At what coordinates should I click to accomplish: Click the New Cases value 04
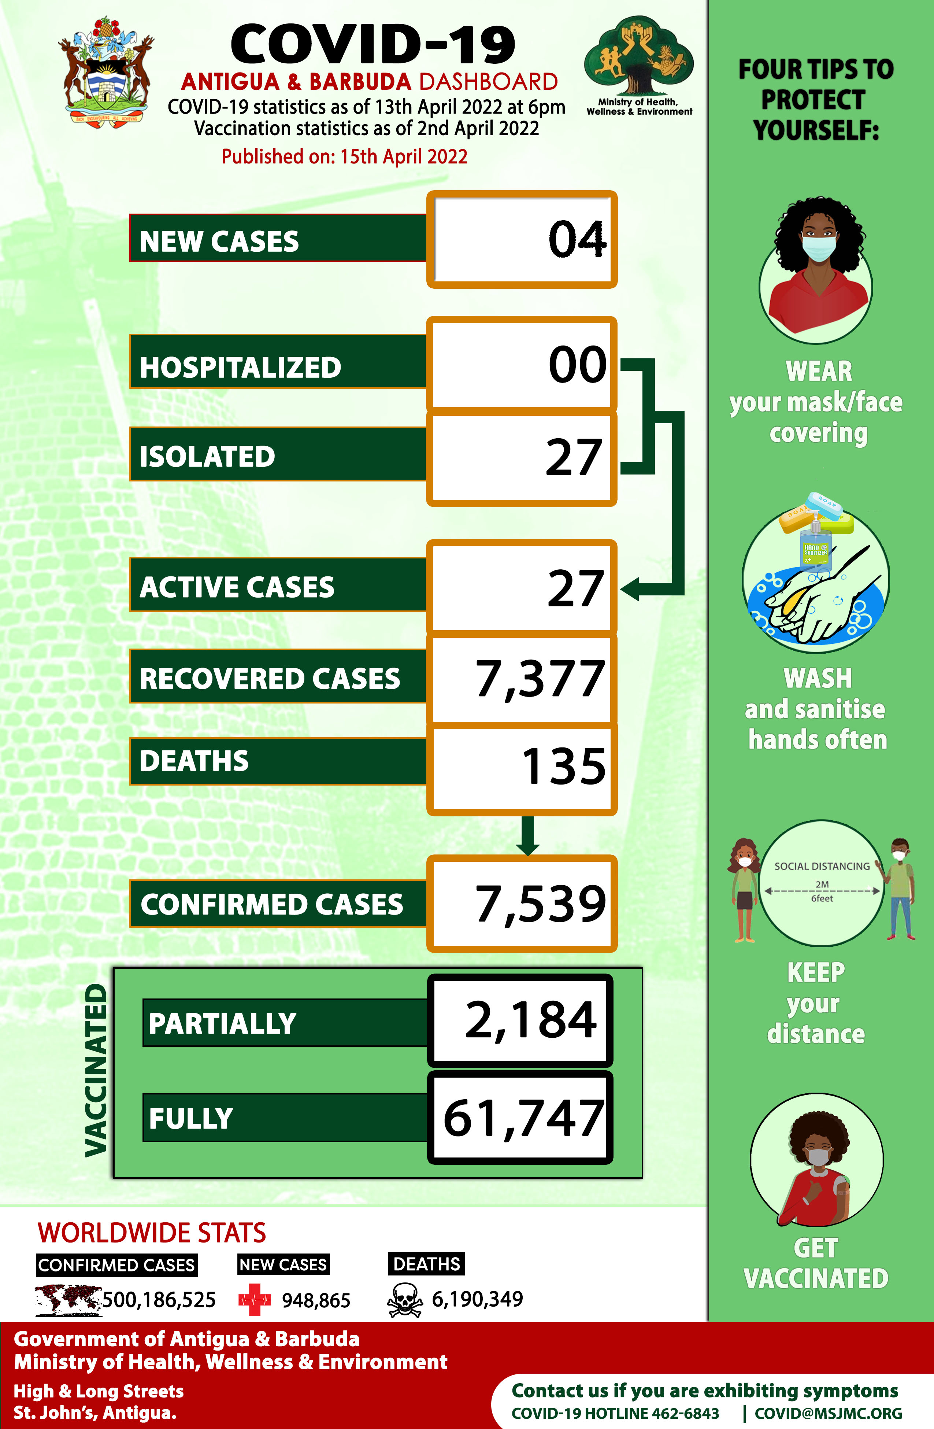coord(577,240)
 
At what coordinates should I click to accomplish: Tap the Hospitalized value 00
coord(577,365)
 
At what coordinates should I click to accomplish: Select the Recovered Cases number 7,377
coord(540,679)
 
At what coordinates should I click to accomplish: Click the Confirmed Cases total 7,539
coord(540,904)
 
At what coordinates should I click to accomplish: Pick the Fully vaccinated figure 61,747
coord(523,1119)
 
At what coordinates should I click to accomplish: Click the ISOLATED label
coord(207,456)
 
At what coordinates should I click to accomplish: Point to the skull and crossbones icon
coord(405,1300)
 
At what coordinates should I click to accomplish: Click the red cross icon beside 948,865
coord(255,1300)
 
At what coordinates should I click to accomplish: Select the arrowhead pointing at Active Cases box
coord(630,588)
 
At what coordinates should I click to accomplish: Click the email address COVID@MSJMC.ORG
coord(828,1413)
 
